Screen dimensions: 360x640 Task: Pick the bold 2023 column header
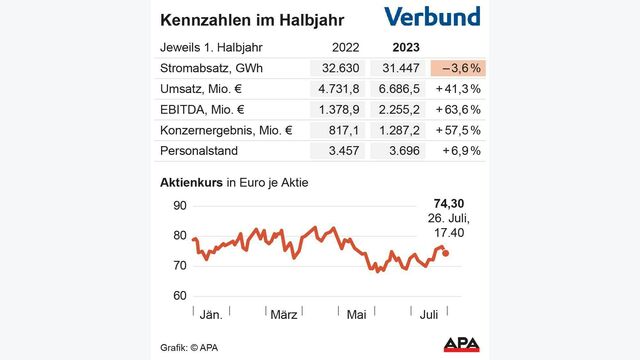403,47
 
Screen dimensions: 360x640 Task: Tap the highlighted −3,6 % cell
456,68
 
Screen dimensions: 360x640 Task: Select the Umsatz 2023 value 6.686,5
399,89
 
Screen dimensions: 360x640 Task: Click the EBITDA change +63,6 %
457,109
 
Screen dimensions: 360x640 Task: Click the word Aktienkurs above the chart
191,183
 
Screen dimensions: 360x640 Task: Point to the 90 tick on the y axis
180,206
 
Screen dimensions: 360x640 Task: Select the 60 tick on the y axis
180,296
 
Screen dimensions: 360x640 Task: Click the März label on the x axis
284,314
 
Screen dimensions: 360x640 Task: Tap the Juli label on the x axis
427,314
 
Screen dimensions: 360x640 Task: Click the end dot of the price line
446,253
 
